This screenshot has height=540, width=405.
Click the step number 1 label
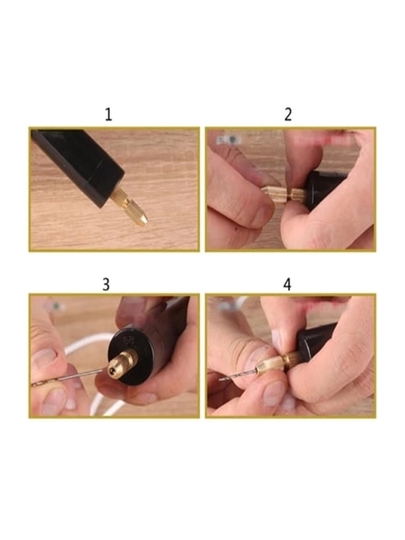(109, 115)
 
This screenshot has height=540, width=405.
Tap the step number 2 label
(288, 115)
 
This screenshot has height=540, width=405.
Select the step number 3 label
(106, 285)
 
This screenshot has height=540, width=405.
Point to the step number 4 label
(287, 285)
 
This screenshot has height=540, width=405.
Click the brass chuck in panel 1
(130, 208)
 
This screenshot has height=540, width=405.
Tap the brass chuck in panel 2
(283, 196)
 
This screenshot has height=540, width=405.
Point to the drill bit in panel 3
(67, 377)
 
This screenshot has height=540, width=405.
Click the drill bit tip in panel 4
(220, 379)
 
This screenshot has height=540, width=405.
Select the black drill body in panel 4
(316, 343)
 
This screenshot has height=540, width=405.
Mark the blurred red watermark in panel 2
(323, 139)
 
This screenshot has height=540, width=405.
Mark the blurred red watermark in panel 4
(323, 303)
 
